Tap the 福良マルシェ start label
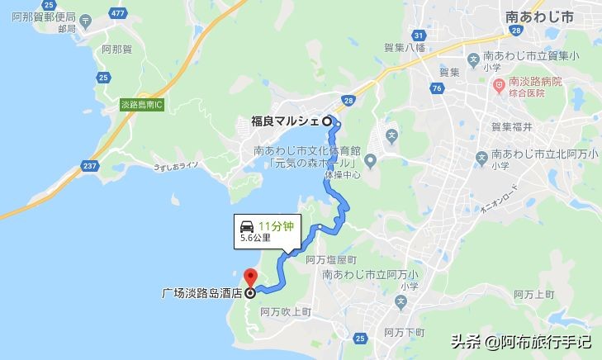click(x=285, y=121)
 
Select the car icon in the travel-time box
click(x=246, y=225)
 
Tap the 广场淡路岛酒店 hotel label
click(x=198, y=291)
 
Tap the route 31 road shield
click(x=419, y=35)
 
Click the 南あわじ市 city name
click(x=538, y=15)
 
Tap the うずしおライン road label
click(x=175, y=167)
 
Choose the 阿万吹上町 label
click(x=284, y=312)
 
